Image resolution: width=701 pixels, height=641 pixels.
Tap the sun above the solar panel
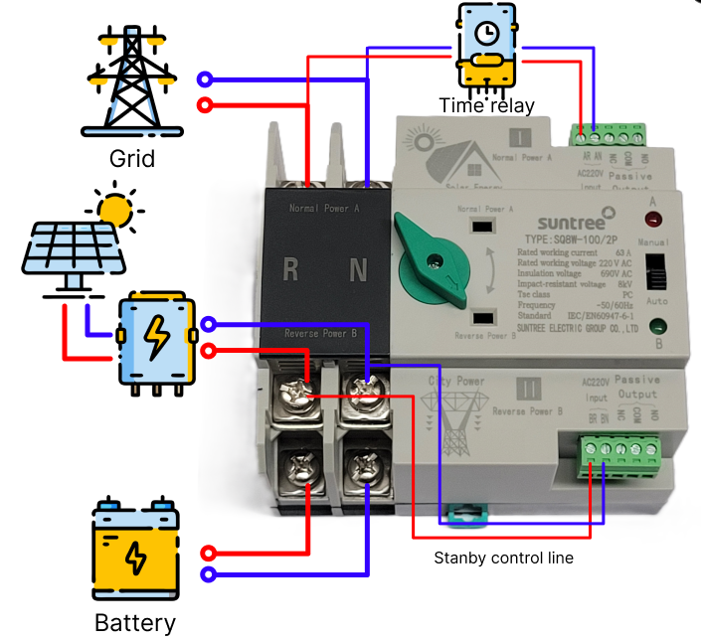click(116, 208)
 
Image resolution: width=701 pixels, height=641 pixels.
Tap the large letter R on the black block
click(291, 269)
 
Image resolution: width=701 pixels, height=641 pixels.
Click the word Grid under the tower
click(132, 159)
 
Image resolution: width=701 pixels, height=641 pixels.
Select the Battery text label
click(135, 624)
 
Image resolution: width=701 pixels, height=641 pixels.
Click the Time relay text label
click(487, 105)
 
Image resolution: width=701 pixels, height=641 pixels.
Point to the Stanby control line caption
click(503, 558)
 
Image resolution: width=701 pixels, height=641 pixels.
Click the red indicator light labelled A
click(655, 218)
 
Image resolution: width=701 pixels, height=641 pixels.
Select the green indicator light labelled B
click(656, 325)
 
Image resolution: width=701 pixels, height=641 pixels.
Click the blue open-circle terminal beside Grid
click(205, 80)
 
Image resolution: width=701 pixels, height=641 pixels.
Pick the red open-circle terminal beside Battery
click(208, 553)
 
